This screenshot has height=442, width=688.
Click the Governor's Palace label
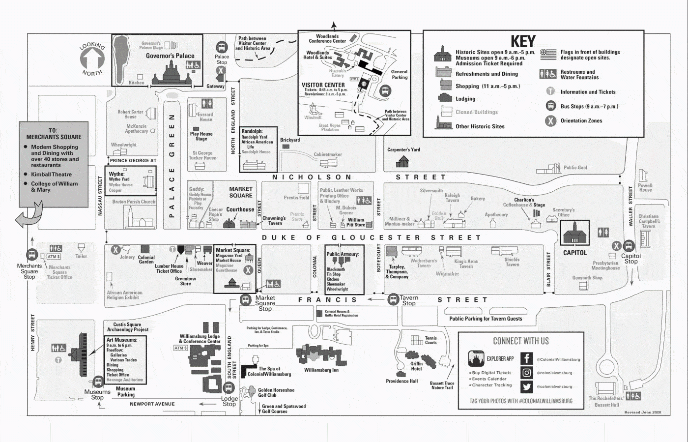pos(170,56)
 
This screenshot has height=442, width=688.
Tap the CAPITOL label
pos(574,253)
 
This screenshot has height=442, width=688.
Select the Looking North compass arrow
pos(92,59)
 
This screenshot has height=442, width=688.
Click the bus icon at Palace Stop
pos(222,47)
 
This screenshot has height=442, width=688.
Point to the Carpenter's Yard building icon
pos(403,161)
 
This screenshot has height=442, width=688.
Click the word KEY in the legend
pos(522,41)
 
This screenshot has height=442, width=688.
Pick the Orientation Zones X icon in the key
pos(551,120)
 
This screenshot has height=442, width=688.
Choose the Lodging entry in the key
pos(465,99)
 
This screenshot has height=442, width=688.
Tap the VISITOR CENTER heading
pos(323,85)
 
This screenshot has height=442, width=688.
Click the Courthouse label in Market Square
pos(240,209)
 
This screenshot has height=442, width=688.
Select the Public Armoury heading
pos(343,254)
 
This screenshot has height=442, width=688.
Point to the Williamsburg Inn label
pos(321,370)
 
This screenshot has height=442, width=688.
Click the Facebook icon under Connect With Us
pos(526,359)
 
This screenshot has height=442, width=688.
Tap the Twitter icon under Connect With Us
pos(526,386)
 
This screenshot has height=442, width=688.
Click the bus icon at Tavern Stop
pos(393,299)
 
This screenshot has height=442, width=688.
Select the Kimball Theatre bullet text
pos(51,175)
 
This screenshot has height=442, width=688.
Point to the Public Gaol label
pos(575,168)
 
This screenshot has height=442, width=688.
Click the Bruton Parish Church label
pos(134,202)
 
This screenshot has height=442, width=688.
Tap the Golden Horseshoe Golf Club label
pos(276,392)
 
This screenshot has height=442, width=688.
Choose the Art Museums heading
pos(122,340)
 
